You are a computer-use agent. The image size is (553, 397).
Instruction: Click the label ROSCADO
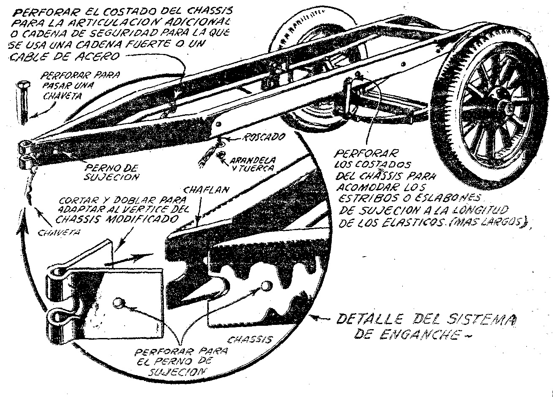(263, 137)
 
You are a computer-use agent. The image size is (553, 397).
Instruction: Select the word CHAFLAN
(206, 190)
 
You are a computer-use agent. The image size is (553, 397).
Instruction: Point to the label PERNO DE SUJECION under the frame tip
(111, 172)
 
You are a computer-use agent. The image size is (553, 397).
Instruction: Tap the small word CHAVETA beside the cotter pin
(59, 233)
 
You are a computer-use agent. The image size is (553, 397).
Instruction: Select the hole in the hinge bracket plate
(118, 303)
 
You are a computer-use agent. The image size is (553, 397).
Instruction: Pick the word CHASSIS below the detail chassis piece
(249, 340)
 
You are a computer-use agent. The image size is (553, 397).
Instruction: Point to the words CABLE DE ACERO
(65, 56)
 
